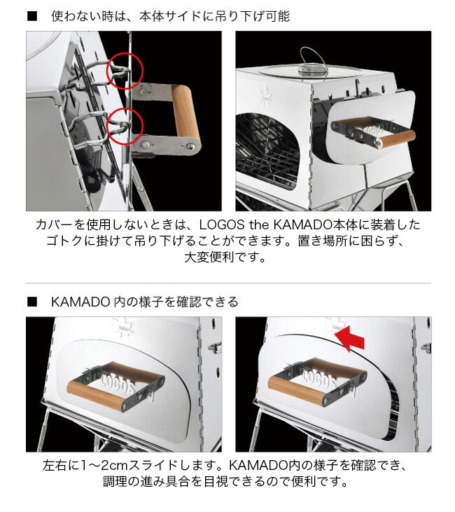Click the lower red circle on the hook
point(126,125)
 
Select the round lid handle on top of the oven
point(307,69)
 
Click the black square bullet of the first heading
point(31,15)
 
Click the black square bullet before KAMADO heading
point(31,302)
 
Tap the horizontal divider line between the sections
point(228,283)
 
